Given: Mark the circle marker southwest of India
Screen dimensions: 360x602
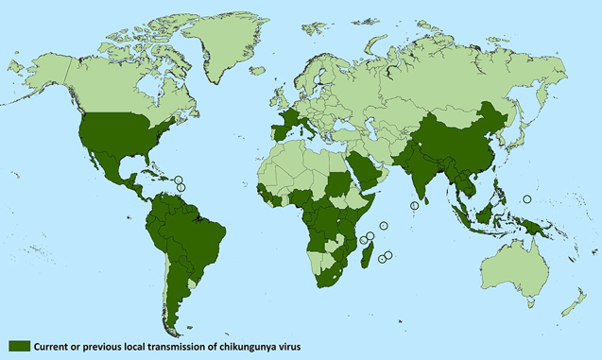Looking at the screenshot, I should (x=415, y=205).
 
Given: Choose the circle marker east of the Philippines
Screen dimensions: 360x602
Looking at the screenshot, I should (x=527, y=198).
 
